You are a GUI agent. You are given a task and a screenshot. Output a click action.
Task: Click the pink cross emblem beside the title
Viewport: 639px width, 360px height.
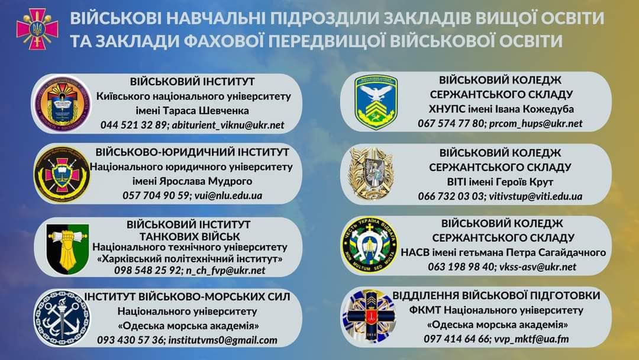click(37, 29)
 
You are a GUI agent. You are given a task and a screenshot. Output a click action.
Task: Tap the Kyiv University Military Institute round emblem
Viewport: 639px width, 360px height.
click(62, 102)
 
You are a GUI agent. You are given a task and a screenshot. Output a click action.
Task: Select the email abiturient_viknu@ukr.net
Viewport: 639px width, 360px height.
click(228, 125)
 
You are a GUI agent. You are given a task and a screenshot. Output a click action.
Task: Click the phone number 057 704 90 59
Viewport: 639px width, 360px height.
click(156, 196)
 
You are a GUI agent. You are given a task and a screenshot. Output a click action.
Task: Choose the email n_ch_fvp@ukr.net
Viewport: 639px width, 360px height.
click(225, 271)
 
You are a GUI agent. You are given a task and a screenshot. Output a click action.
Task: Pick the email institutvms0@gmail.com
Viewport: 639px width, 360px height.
click(222, 340)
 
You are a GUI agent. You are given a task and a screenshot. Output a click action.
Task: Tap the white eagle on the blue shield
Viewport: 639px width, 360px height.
click(375, 93)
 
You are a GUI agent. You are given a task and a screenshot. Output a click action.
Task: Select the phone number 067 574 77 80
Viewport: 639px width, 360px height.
click(451, 123)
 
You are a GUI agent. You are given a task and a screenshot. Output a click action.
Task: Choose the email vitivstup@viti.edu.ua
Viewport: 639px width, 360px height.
click(535, 197)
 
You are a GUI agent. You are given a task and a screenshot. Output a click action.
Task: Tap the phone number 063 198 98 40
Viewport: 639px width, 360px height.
click(460, 267)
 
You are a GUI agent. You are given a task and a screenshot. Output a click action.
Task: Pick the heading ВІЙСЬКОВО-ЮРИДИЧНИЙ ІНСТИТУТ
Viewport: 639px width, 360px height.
click(192, 152)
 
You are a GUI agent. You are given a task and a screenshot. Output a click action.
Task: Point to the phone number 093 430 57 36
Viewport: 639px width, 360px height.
click(130, 340)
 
